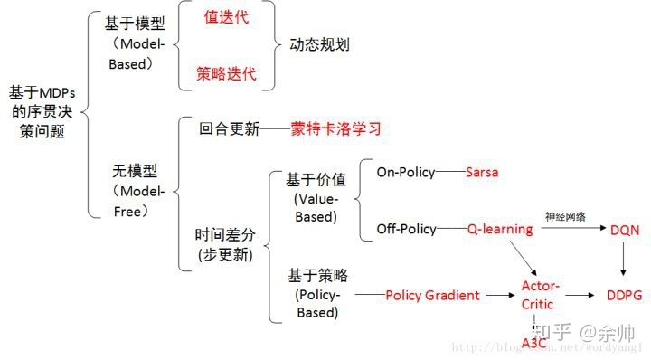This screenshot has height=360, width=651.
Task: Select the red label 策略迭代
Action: pos(226,73)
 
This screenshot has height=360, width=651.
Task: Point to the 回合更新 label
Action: pos(229,128)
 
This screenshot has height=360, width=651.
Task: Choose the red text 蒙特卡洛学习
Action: pos(335,128)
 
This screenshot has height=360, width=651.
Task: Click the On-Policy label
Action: pos(406,172)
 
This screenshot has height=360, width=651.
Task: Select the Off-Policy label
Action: pos(407,230)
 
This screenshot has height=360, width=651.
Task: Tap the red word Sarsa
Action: pos(482,172)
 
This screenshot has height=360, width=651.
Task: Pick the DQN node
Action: pos(625,231)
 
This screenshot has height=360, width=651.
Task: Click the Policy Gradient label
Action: pos(432,295)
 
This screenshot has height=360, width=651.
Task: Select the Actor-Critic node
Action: pos(541,295)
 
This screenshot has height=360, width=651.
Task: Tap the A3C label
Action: pos(535,343)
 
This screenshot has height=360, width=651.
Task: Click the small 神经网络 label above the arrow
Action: pos(565,217)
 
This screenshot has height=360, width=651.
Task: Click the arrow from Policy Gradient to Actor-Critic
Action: pos(498,295)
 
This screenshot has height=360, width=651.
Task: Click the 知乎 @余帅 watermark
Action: pos(583,333)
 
